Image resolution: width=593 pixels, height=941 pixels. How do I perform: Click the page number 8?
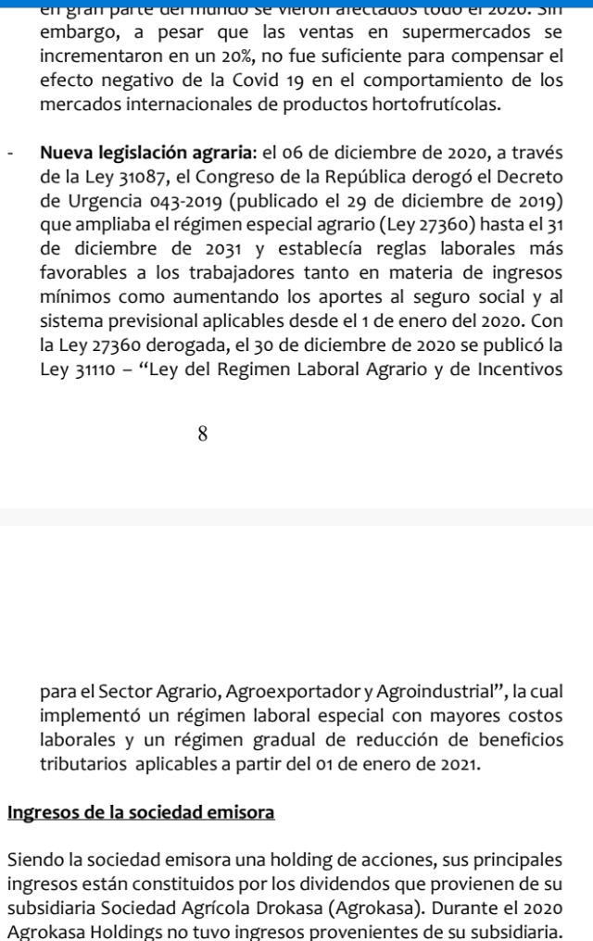tap(202, 433)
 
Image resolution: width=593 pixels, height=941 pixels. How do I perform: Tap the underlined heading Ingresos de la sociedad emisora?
tap(141, 813)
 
